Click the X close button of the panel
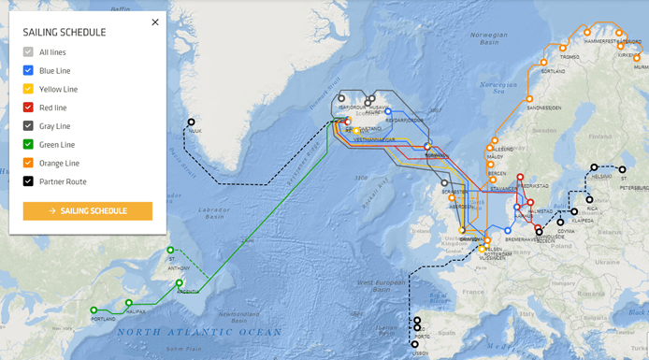(155, 22)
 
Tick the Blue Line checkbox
(28, 70)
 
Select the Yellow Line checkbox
(28, 89)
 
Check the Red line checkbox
(28, 108)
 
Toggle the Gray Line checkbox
(28, 126)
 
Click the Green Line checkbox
(28, 145)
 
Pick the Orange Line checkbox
(28, 163)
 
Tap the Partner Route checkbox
(28, 181)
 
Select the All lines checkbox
(28, 52)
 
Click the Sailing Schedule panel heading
(65, 33)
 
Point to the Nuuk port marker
(192, 122)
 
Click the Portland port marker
(94, 310)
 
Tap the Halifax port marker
(129, 303)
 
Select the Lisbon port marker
(415, 345)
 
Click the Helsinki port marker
(593, 168)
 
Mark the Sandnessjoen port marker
(528, 98)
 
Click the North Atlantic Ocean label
(199, 332)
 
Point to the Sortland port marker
(543, 63)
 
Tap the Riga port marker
(589, 199)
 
